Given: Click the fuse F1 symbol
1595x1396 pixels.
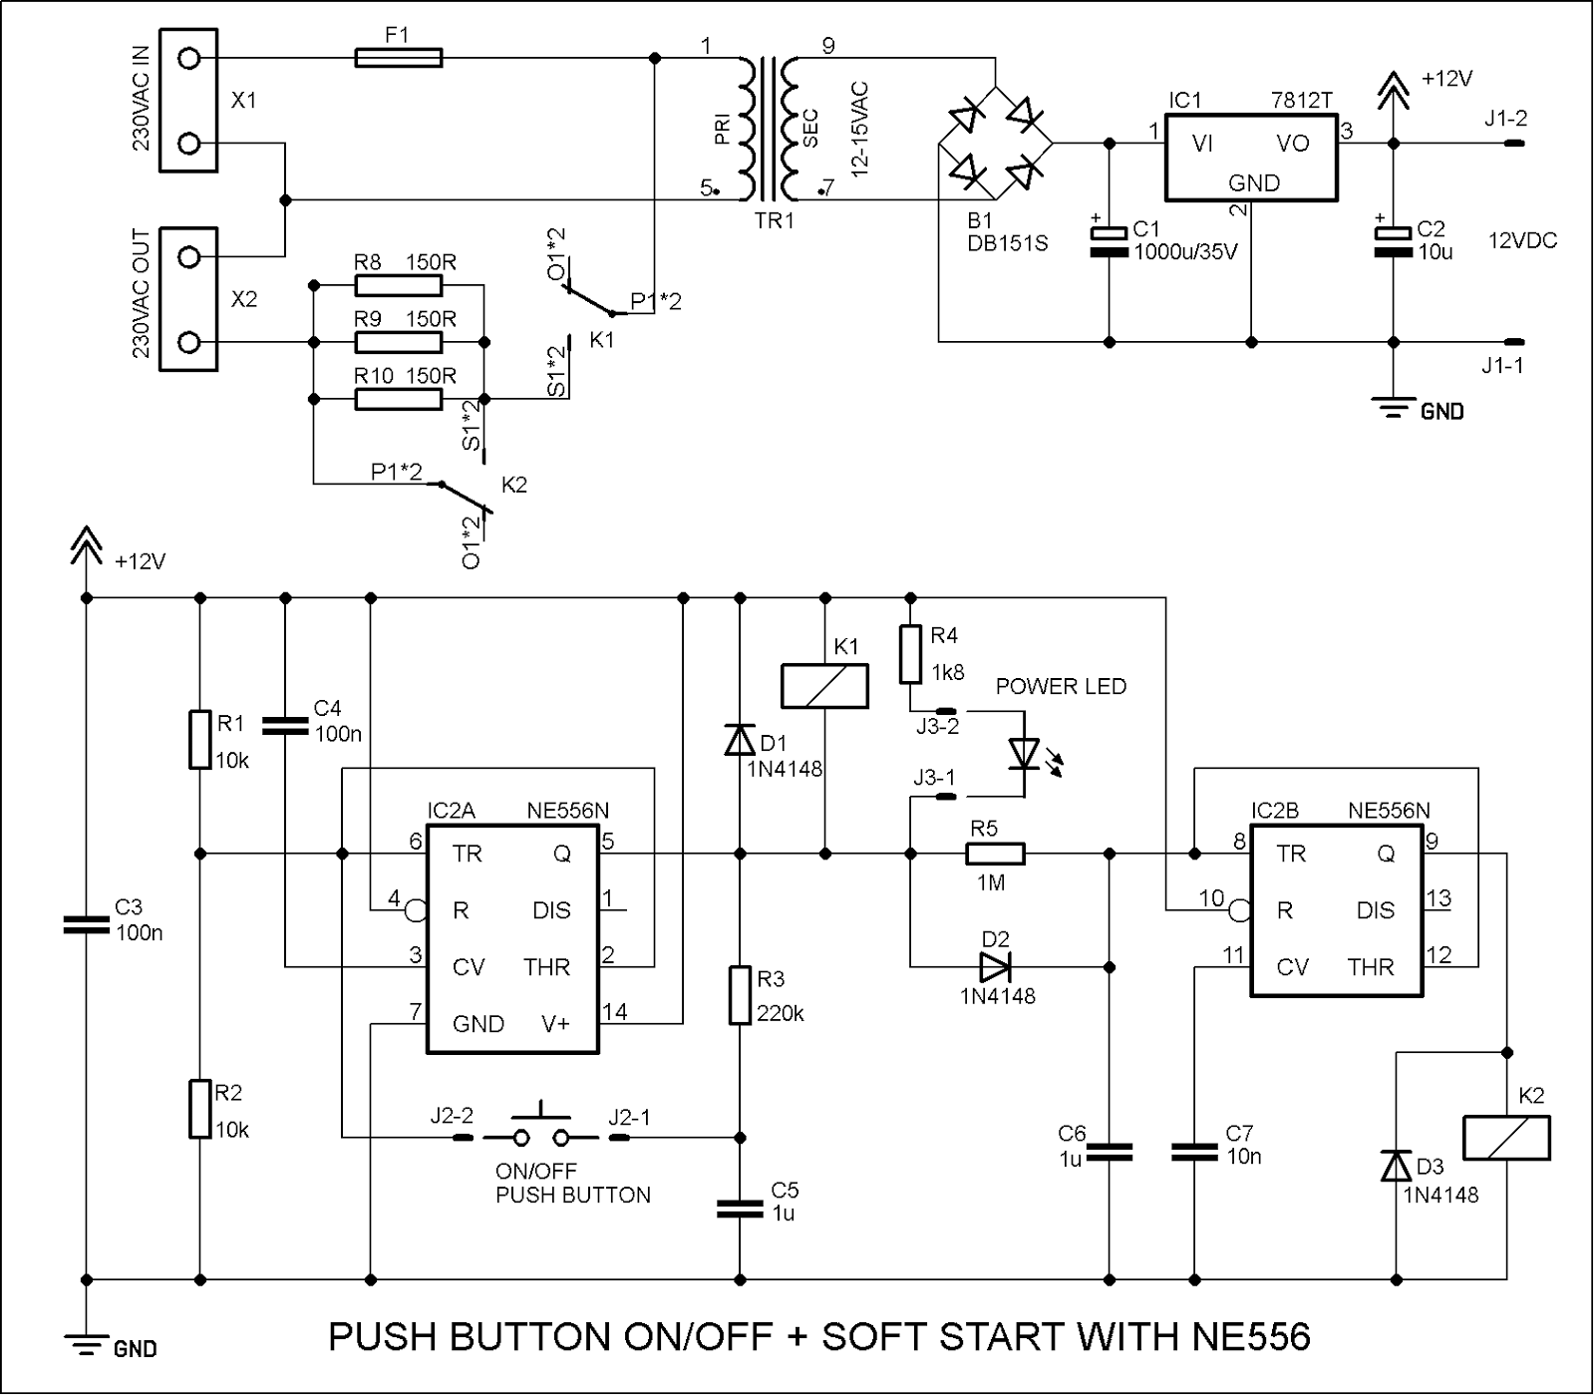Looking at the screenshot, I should [398, 60].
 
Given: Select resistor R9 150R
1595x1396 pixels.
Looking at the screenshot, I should [398, 343].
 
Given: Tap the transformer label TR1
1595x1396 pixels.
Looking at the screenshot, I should [774, 221].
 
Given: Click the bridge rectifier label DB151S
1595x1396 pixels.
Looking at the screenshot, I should [1007, 243].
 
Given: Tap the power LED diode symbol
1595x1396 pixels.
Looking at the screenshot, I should [1024, 754].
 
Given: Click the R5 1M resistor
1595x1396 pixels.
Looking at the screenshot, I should [995, 854].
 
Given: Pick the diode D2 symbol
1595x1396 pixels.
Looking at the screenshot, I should [995, 966].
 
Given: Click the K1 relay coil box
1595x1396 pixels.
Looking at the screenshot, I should [823, 686].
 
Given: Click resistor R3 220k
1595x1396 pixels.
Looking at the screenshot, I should [739, 994].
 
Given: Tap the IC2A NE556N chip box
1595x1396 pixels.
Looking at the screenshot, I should [512, 937].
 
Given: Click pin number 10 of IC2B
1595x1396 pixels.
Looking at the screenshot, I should [1210, 898].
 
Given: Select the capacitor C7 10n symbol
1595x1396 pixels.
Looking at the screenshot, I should [1194, 1152].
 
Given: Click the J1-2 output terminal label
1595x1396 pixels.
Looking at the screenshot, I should [1504, 119].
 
